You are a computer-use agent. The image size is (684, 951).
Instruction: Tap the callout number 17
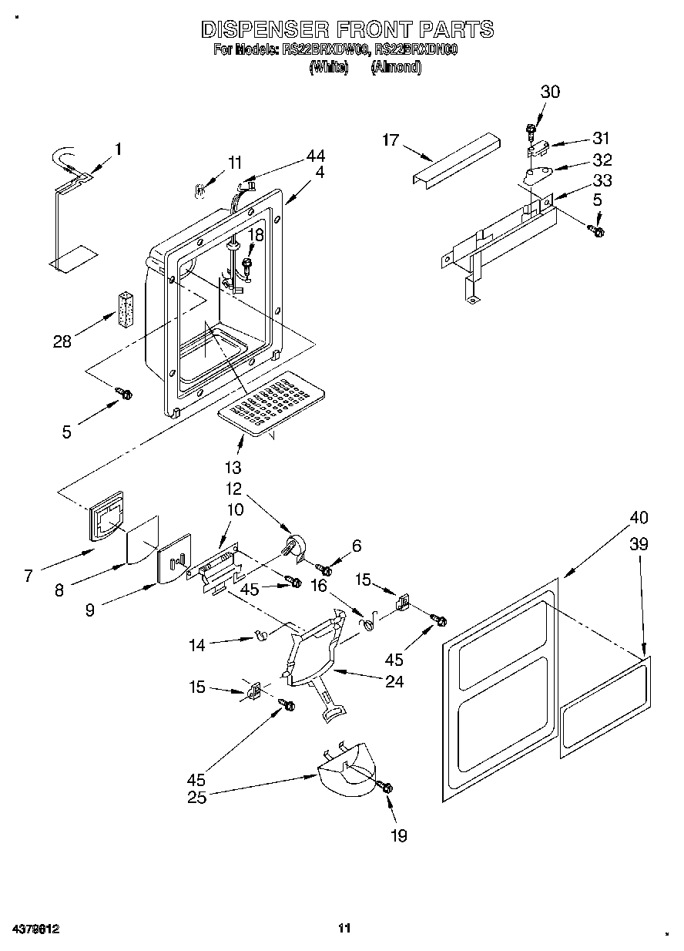point(392,139)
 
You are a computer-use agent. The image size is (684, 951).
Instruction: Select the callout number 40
point(639,517)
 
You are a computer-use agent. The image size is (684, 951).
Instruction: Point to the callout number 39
point(639,544)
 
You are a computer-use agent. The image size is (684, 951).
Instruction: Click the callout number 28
point(62,342)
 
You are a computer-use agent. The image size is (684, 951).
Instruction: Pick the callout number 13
point(232,466)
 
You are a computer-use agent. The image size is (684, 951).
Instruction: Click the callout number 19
point(399,835)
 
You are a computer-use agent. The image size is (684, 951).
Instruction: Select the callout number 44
point(315,156)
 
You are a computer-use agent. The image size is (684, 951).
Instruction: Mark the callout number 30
point(550,92)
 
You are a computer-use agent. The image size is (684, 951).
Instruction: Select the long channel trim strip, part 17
point(454,158)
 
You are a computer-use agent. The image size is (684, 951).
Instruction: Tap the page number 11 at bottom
point(344,928)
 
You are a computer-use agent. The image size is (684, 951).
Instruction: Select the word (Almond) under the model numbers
point(396,67)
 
